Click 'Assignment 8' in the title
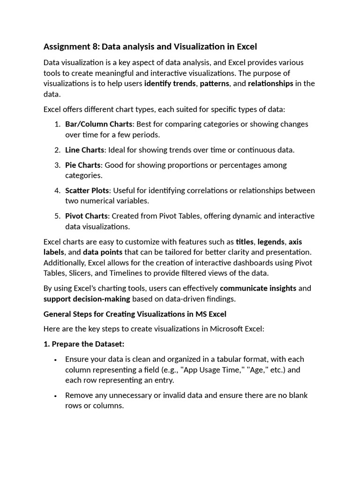point(71,46)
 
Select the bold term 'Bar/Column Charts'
point(99,124)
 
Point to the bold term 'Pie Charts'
point(82,165)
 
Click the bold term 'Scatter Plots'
point(87,190)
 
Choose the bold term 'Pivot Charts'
point(86,216)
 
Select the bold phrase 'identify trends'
point(170,83)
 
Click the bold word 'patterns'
point(214,83)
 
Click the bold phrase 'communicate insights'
point(258,288)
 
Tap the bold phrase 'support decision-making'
point(87,299)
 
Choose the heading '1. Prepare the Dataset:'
point(84,344)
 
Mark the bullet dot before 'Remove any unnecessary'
point(56,396)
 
